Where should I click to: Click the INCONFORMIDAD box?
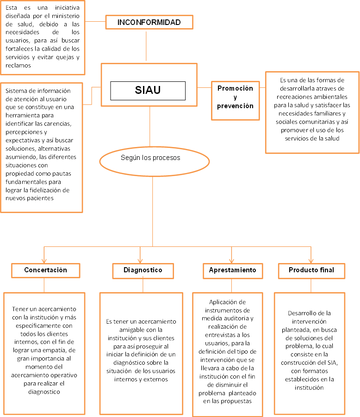[149, 22]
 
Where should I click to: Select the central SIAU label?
[148, 90]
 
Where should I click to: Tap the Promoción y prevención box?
[236, 97]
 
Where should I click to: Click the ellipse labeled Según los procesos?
[150, 158]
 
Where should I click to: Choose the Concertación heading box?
[45, 270]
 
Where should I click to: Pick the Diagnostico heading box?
[143, 270]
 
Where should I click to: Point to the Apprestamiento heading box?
[233, 270]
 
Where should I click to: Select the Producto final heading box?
[311, 270]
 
